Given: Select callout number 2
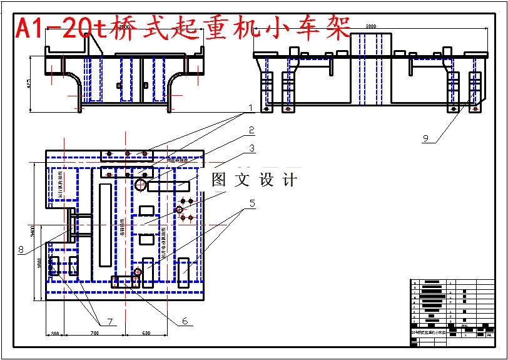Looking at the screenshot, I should coord(251,130).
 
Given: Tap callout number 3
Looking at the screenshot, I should coord(251,149).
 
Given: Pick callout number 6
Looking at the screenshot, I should coord(185,321).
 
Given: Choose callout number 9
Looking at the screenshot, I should coord(427,140).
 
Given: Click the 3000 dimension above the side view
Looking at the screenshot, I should coord(370,26).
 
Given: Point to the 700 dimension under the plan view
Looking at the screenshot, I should coord(94,334).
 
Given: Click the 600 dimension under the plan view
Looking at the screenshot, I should coord(146,334).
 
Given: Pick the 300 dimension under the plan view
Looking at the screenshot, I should coord(54,334).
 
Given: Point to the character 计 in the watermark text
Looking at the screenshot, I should coord(289,180).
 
